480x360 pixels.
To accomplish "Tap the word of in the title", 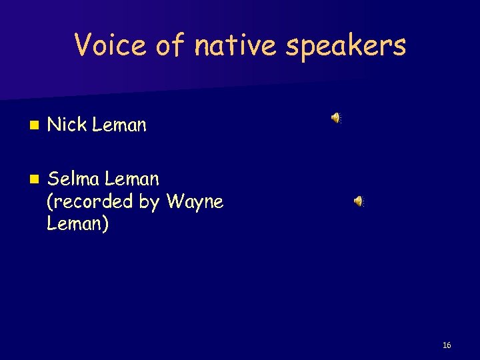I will click(168, 45).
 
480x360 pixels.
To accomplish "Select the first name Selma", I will click(73, 179).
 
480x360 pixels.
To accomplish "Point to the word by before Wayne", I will click(151, 202).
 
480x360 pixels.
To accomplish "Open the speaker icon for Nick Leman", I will click(336, 118).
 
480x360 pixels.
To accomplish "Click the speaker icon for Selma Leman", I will click(359, 201).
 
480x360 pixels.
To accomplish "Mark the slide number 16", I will click(447, 345).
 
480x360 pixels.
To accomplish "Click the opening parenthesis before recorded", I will click(50, 201).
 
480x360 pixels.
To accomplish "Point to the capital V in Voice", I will click(83, 45).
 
